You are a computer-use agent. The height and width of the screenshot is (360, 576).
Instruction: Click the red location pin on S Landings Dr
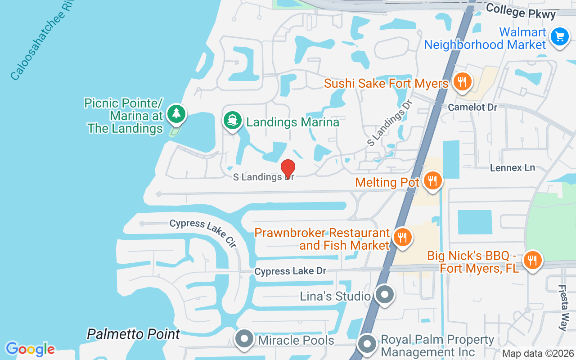click(288, 169)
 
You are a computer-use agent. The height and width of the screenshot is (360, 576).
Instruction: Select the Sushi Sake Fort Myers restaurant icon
click(462, 82)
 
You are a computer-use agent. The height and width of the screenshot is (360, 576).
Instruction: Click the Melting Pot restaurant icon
click(432, 181)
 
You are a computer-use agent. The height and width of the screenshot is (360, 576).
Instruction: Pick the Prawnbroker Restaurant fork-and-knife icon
click(402, 237)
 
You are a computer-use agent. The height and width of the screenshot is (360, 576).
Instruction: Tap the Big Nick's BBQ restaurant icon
click(532, 260)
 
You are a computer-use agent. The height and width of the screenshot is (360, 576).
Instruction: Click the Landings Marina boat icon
click(232, 121)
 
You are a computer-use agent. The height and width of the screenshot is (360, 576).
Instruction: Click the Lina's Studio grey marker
click(384, 295)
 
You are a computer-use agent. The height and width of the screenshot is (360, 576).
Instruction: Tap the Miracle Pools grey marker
click(245, 339)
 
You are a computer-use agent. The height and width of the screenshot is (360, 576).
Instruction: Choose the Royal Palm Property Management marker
click(367, 344)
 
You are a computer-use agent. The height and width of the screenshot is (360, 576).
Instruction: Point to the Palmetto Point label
click(133, 334)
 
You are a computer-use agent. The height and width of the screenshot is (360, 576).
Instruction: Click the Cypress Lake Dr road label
click(290, 271)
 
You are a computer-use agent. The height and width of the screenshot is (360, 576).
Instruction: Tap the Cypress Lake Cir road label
click(203, 233)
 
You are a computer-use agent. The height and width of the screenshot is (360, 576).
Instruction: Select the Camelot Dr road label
click(472, 108)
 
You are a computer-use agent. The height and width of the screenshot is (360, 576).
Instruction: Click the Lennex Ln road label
click(513, 168)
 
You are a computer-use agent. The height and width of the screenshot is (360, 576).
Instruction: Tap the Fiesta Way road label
click(562, 308)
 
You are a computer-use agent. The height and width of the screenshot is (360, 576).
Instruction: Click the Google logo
click(30, 349)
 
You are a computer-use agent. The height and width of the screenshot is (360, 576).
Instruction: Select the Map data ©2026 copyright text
click(538, 354)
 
